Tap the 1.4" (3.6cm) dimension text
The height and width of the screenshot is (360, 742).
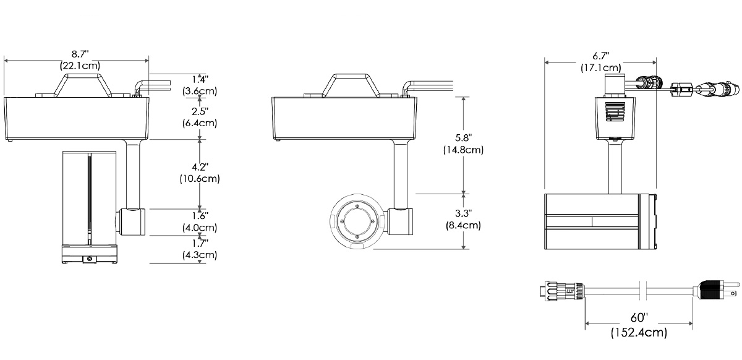200,85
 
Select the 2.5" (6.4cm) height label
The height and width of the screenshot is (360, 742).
200,116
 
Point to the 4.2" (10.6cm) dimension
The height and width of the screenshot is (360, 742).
200,173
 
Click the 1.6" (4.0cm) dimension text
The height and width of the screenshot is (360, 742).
200,220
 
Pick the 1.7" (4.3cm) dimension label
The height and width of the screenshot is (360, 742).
200,249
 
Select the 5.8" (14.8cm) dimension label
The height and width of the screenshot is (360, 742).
463,143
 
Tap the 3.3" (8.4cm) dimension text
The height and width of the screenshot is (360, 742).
463,219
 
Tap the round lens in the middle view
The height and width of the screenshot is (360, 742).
357,222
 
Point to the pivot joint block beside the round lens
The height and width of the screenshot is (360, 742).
400,222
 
